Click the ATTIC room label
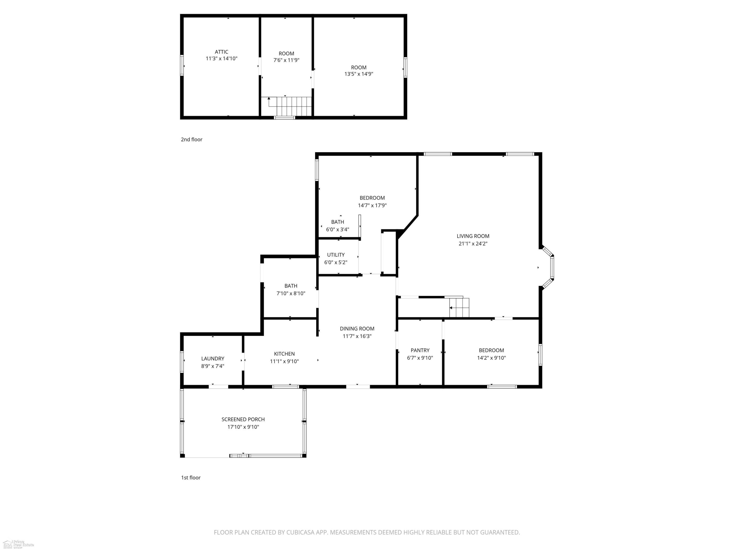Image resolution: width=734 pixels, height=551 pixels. pyautogui.click(x=221, y=52)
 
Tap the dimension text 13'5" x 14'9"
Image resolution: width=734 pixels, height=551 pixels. pyautogui.click(x=359, y=74)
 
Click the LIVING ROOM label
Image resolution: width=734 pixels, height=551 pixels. pyautogui.click(x=473, y=236)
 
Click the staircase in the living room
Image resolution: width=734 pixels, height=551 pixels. pyautogui.click(x=459, y=307)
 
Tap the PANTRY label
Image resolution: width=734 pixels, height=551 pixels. pyautogui.click(x=420, y=350)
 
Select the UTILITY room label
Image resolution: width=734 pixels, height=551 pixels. pyautogui.click(x=336, y=255)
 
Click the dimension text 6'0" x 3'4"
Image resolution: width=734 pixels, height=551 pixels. pyautogui.click(x=337, y=229)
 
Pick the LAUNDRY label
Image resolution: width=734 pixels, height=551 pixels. pyautogui.click(x=213, y=359)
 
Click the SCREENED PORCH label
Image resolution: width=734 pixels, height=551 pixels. pyautogui.click(x=243, y=419)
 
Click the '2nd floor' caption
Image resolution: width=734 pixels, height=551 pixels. pyautogui.click(x=192, y=140)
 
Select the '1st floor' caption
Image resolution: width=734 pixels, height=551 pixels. pyautogui.click(x=191, y=478)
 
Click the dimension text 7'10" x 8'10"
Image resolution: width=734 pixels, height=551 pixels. pyautogui.click(x=291, y=294)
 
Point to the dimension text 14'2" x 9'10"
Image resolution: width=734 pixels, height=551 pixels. pyautogui.click(x=492, y=358)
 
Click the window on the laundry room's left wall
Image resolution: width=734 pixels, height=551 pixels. pyautogui.click(x=182, y=361)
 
